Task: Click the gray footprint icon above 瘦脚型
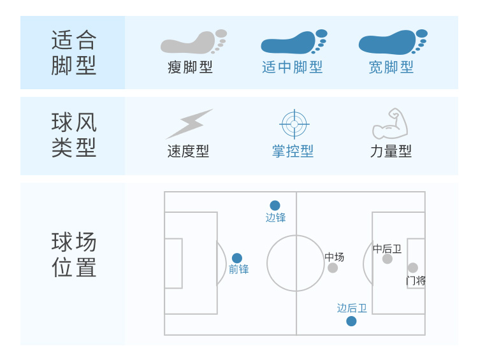(193, 42)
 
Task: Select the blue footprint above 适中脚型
(294, 42)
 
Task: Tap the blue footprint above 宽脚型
(393, 42)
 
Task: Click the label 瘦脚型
(190, 68)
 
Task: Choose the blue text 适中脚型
(292, 68)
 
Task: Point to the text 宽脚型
(391, 68)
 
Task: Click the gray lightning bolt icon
(189, 124)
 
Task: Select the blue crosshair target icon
(294, 124)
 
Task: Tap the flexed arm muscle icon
(390, 124)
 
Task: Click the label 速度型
(188, 151)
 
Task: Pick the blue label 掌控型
(293, 151)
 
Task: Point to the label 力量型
(391, 151)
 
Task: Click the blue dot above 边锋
(275, 205)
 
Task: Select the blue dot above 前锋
(237, 258)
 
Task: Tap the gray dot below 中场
(333, 268)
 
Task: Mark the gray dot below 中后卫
(387, 259)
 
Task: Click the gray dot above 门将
(413, 268)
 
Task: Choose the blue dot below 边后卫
(351, 321)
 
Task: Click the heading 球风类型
(74, 135)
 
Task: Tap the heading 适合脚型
(74, 52)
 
